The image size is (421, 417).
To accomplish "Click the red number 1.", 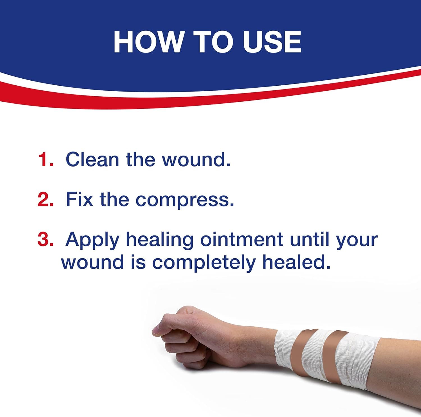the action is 45,159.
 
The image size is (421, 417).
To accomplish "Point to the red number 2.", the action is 45,199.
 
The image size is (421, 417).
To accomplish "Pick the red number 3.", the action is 45,240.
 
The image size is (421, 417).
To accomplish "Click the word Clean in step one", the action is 92,159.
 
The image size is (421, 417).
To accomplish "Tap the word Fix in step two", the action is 79,199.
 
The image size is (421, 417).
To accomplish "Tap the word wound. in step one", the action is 196,159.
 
